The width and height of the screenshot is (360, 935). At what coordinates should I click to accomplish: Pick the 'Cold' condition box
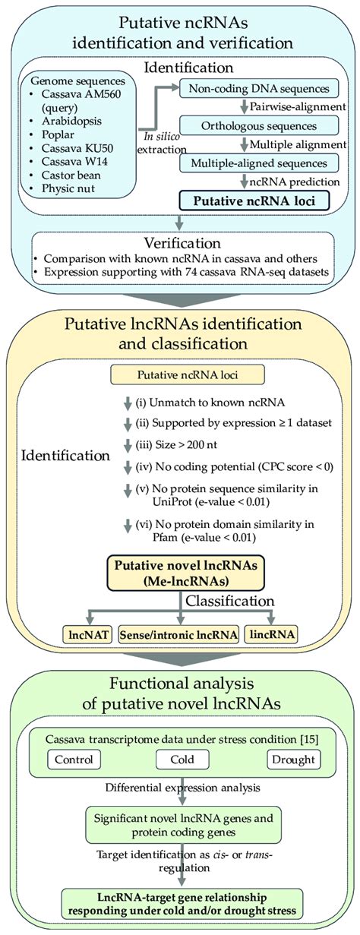click(x=178, y=759)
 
